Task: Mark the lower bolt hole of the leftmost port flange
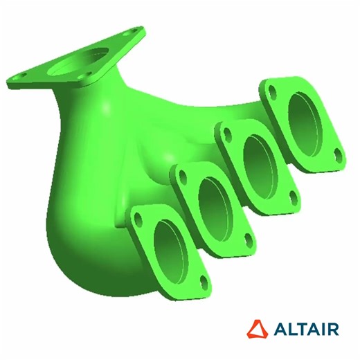pyautogui.click(x=203, y=280)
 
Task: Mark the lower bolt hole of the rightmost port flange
pyautogui.click(x=336, y=153)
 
